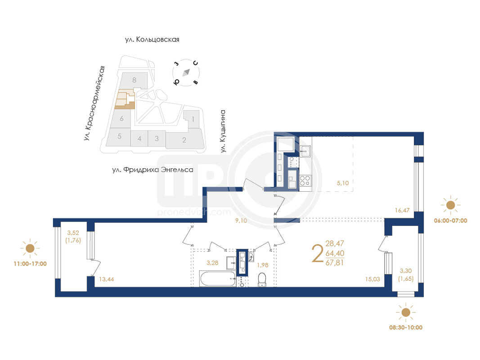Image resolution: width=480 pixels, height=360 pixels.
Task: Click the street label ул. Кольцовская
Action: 152,40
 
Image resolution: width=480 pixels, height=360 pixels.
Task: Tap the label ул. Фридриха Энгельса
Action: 153,170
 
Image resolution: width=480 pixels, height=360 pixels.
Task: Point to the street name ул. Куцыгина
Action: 223,131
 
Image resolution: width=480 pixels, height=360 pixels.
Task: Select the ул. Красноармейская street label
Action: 94,103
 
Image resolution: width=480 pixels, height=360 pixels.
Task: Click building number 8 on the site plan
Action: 135,80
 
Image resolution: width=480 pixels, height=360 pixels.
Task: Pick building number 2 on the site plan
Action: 184,140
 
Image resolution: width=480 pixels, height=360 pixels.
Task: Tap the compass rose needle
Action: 186,72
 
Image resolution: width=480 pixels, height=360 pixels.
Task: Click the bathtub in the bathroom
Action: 218,279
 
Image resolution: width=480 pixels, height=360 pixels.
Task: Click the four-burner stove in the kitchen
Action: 305,180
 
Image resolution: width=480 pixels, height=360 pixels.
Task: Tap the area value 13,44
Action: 107,279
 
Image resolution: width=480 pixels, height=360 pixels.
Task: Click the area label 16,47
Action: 402,210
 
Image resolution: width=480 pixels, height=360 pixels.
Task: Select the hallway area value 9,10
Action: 241,220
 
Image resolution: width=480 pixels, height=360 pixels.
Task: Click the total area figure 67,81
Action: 335,263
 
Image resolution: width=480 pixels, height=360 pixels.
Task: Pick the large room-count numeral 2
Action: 318,253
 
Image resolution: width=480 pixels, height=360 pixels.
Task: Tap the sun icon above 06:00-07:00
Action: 451,205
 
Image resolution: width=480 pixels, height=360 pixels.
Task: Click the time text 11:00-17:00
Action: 30,264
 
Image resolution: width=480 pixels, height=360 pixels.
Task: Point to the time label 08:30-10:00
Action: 406,327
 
